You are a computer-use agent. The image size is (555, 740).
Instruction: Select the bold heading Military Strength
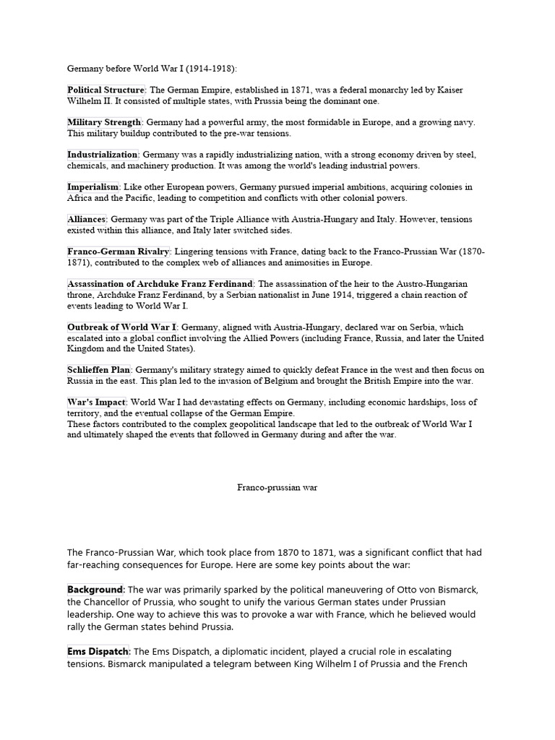104,122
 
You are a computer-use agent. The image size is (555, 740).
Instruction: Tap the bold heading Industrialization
103,155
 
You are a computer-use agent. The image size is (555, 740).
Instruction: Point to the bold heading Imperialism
93,186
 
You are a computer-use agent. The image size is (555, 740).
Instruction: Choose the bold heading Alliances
87,219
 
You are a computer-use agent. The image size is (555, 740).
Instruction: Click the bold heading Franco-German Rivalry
119,251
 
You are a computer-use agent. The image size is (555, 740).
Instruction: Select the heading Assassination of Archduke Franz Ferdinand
160,284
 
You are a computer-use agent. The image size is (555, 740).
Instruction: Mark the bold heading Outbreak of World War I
122,327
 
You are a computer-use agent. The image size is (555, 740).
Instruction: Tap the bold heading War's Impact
97,402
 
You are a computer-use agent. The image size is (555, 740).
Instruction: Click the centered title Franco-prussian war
277,488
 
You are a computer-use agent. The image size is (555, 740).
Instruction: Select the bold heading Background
96,590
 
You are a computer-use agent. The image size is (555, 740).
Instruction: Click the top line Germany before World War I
152,69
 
